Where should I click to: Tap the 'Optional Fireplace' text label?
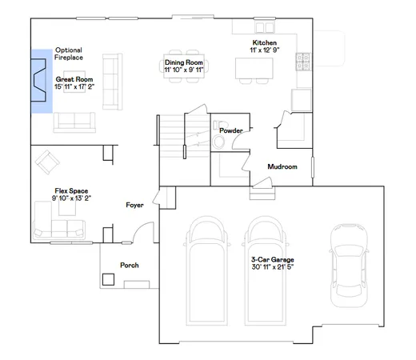(68, 54)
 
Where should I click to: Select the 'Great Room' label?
(74, 79)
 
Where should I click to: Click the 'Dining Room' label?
(183, 62)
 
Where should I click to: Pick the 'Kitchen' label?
(264, 42)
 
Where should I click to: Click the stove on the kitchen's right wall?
(302, 58)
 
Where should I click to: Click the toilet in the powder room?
(219, 142)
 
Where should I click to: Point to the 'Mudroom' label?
(282, 166)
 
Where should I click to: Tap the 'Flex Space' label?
(70, 191)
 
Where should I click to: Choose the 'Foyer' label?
(134, 206)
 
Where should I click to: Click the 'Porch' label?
(129, 264)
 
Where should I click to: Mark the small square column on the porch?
(108, 279)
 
